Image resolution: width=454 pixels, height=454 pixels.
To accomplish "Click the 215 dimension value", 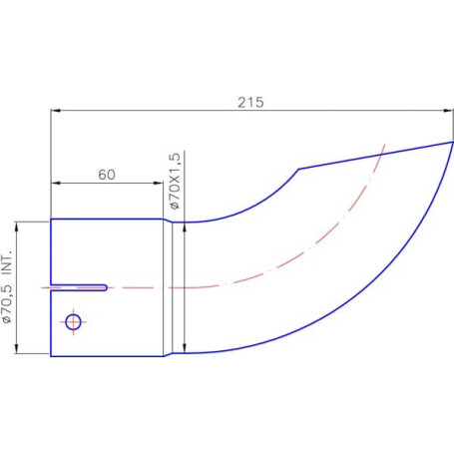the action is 250,102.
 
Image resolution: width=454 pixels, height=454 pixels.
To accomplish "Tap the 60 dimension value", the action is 107,175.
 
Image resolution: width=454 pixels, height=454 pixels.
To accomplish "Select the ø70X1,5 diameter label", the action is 175,181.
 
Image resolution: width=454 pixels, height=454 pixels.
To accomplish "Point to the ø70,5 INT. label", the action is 7,286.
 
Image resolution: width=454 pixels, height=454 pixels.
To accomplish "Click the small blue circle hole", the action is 73,322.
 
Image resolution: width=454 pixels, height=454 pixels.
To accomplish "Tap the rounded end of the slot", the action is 105,287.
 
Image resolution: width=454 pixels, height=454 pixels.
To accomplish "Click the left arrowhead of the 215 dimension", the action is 56,111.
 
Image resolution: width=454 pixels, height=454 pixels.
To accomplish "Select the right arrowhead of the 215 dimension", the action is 448,111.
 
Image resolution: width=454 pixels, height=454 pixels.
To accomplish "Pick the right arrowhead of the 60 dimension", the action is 159,183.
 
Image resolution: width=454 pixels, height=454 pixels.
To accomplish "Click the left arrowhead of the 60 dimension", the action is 56,183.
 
